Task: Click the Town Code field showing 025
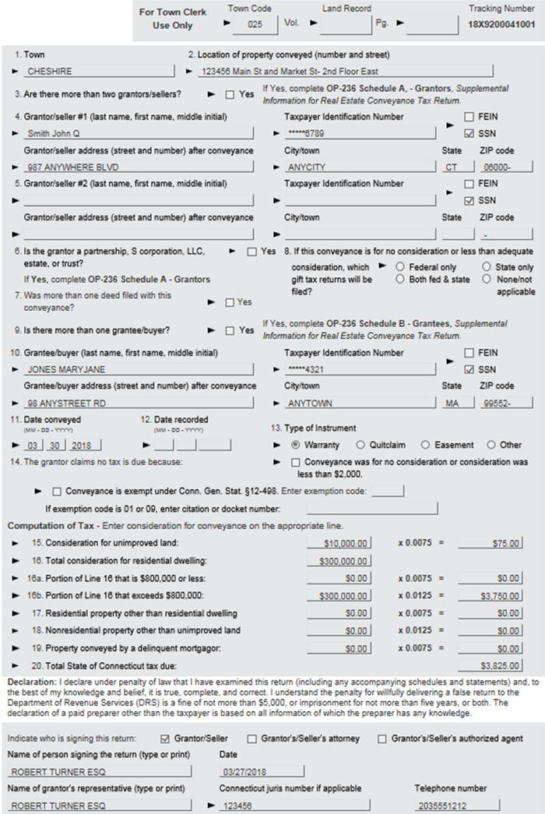255,25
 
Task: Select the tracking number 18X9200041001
501,25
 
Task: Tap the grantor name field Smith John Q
138,133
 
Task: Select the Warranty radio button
296,445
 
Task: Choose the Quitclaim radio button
360,445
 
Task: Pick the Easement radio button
425,445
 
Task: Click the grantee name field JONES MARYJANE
138,369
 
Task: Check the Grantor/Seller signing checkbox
164,738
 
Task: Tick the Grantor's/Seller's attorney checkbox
252,738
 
